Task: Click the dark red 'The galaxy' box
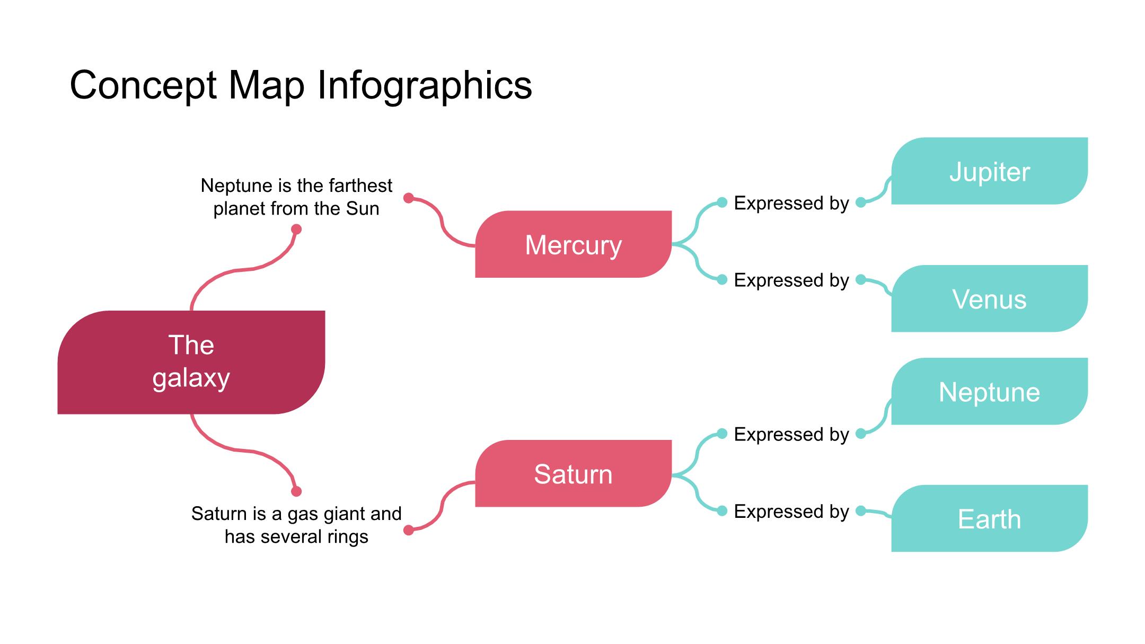[x=191, y=362]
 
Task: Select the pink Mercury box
[x=573, y=244]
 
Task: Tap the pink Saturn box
[x=573, y=473]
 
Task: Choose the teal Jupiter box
[x=989, y=171]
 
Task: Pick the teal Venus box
[x=989, y=299]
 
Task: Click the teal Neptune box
[x=989, y=392]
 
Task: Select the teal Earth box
[x=989, y=518]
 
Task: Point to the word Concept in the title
[x=143, y=85]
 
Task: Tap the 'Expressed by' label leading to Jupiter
[x=791, y=203]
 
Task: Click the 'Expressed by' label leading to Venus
[x=791, y=280]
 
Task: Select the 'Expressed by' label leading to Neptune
[x=791, y=434]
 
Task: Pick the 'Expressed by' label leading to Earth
[x=791, y=511]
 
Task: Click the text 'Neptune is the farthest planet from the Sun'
[x=296, y=197]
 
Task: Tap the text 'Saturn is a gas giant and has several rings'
[x=296, y=525]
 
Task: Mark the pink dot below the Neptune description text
[x=296, y=229]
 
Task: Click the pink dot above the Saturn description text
[x=296, y=491]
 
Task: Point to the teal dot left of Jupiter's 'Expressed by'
[x=722, y=202]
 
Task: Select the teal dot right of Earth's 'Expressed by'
[x=861, y=511]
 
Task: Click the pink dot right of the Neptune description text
[x=408, y=198]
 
